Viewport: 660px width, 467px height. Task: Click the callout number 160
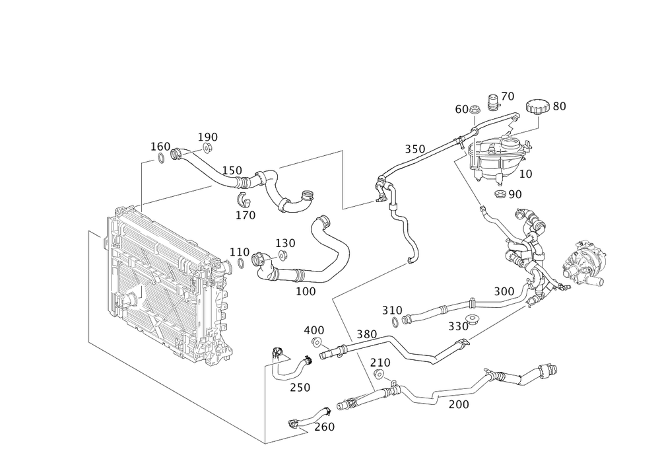point(160,145)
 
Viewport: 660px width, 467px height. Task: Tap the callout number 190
point(208,137)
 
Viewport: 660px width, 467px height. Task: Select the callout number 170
point(245,215)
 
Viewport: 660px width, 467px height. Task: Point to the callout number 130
point(286,242)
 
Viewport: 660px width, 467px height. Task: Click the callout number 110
point(240,252)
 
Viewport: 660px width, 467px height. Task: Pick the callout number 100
point(306,291)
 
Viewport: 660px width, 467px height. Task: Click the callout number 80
point(558,106)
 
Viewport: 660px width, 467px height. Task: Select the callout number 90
point(512,194)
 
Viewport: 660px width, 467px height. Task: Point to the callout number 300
point(504,291)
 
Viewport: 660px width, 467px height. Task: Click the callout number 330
point(458,326)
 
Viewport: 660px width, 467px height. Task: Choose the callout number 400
point(314,330)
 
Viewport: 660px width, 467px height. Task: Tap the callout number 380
point(367,334)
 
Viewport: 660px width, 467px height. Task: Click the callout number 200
point(459,404)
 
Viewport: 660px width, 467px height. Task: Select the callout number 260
point(325,427)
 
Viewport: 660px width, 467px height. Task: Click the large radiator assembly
point(168,284)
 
